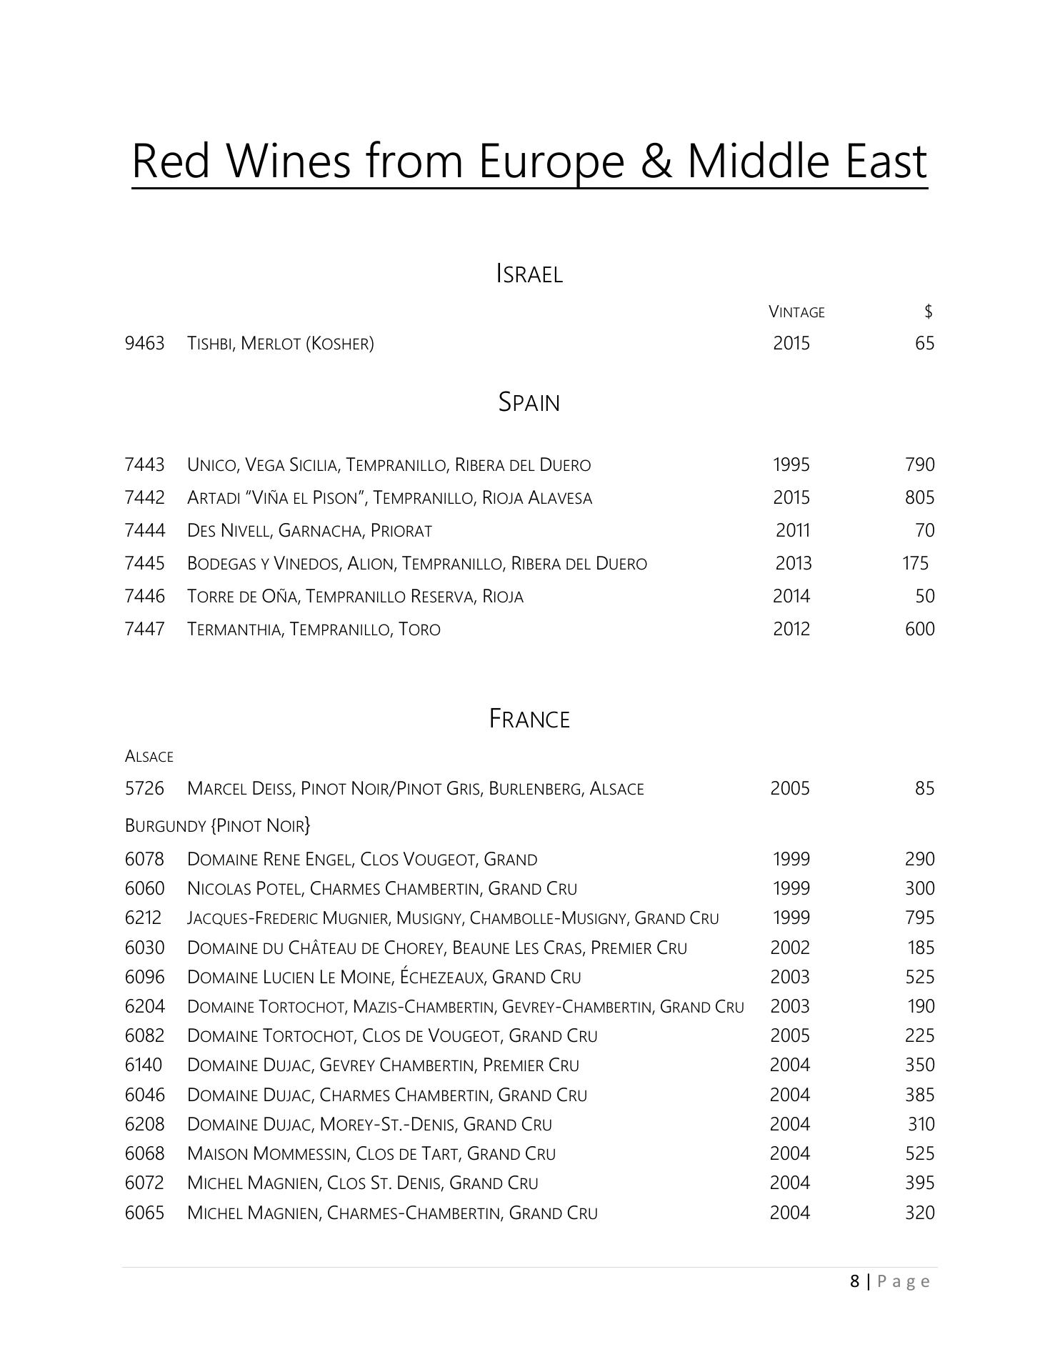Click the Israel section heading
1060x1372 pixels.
click(529, 274)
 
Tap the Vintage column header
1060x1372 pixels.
click(796, 312)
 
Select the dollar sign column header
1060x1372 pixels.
click(928, 311)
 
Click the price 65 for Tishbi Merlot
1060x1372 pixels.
click(924, 344)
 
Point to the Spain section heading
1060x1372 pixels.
click(529, 402)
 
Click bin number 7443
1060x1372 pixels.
click(144, 465)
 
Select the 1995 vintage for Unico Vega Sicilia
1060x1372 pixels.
click(791, 465)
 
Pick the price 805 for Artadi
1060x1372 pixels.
click(919, 498)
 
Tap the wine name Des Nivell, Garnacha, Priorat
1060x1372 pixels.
click(309, 531)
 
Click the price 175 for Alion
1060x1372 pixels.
click(915, 564)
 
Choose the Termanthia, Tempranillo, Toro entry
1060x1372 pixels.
click(314, 630)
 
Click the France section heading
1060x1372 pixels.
click(529, 719)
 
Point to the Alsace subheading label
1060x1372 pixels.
click(149, 756)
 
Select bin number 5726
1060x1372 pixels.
click(144, 789)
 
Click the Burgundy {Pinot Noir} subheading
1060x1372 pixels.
click(218, 826)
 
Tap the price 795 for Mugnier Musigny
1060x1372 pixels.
click(919, 918)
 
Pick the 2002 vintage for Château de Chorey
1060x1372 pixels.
click(790, 948)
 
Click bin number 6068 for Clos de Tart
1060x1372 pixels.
click(144, 1154)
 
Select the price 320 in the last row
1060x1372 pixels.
click(919, 1213)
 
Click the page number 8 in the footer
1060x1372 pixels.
click(855, 1282)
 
